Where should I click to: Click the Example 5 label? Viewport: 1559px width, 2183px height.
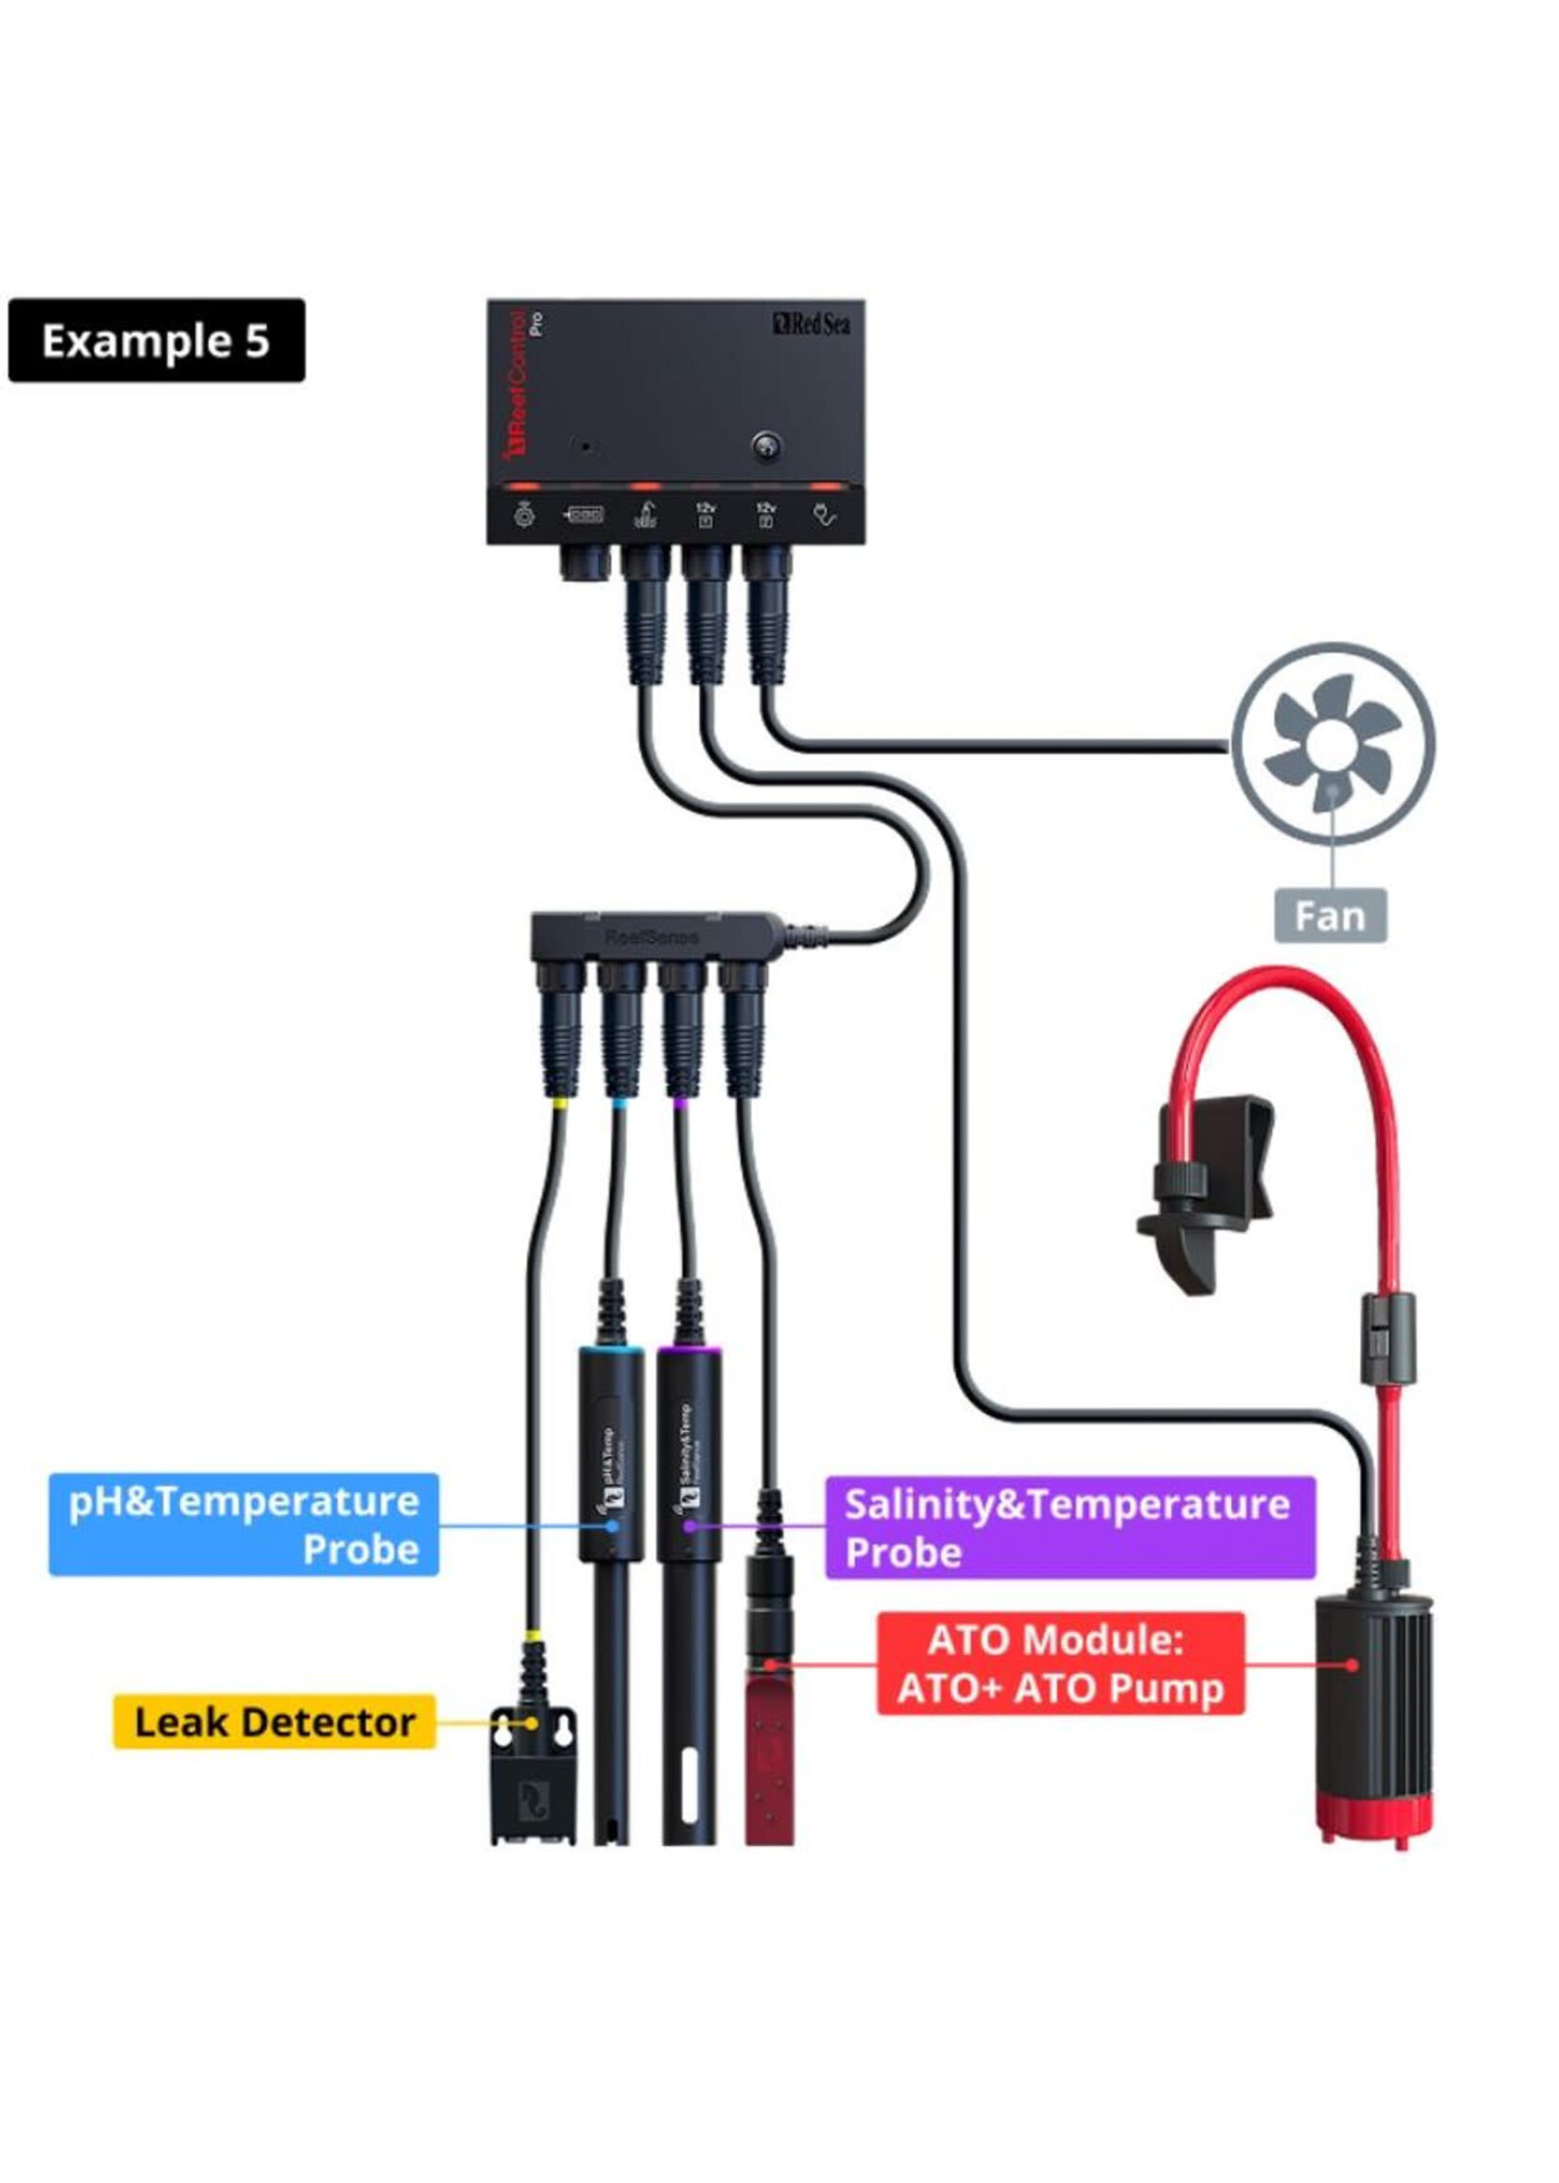tap(157, 341)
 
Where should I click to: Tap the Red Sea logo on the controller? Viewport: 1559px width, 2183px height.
tap(812, 325)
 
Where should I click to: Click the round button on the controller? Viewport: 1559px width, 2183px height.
tap(765, 446)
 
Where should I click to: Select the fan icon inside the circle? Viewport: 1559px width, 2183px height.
tap(1332, 744)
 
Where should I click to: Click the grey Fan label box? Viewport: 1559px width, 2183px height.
tap(1330, 915)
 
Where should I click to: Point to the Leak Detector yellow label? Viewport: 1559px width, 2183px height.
tap(275, 1721)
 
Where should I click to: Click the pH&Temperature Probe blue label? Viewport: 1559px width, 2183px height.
tap(243, 1524)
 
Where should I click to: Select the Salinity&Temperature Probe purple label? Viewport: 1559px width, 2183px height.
tap(1069, 1527)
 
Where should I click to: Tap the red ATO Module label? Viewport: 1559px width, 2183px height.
tap(1060, 1664)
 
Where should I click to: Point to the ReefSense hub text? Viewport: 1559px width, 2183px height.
tap(652, 936)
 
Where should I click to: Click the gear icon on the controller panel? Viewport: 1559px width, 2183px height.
tap(523, 515)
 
